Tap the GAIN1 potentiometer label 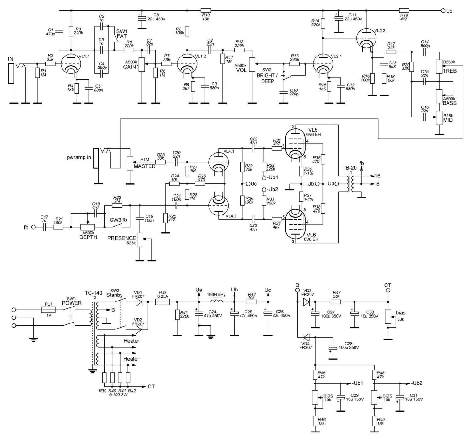[x=131, y=67]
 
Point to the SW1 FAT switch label [x=122, y=34]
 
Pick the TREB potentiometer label [x=450, y=71]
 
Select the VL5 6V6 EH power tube [x=295, y=142]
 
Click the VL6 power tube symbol [x=295, y=225]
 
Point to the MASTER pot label [x=144, y=166]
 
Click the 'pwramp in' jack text [x=79, y=157]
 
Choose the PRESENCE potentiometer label [x=122, y=238]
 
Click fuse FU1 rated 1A [x=49, y=310]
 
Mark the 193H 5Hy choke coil [x=216, y=302]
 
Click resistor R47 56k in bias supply [x=336, y=302]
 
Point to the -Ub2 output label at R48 [x=417, y=383]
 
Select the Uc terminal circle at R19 [x=443, y=11]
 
